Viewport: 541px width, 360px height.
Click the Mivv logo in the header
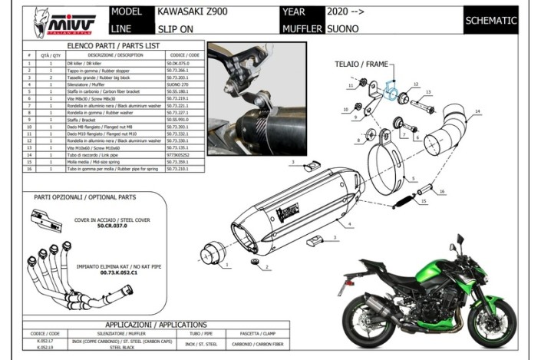point(55,22)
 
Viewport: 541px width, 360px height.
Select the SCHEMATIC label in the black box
point(490,21)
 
